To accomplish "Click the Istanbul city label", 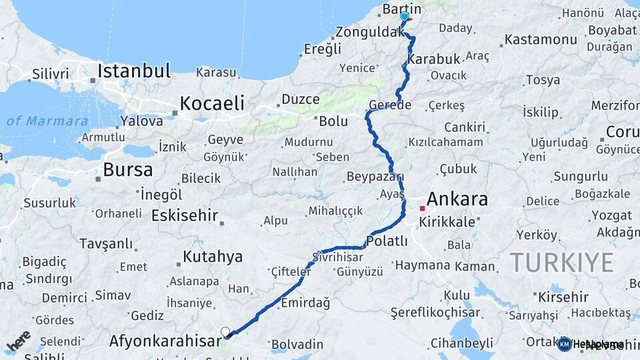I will (x=134, y=71).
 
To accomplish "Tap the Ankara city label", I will (x=457, y=199).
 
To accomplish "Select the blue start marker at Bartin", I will (x=404, y=16).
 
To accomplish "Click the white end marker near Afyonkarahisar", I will (x=225, y=331).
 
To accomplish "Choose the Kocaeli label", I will (x=213, y=103).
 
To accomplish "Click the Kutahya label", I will (x=213, y=256).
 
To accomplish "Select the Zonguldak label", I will (x=367, y=32).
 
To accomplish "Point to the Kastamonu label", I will (x=541, y=39).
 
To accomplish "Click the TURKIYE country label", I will (x=561, y=263).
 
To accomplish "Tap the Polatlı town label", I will (x=387, y=241).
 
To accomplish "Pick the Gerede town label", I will (x=389, y=105).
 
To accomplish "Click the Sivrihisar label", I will (x=338, y=257).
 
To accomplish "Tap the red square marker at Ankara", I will (x=421, y=208).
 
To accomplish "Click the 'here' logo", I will (x=19, y=341).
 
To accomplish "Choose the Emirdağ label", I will (x=305, y=303).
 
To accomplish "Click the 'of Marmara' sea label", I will (x=47, y=121).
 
